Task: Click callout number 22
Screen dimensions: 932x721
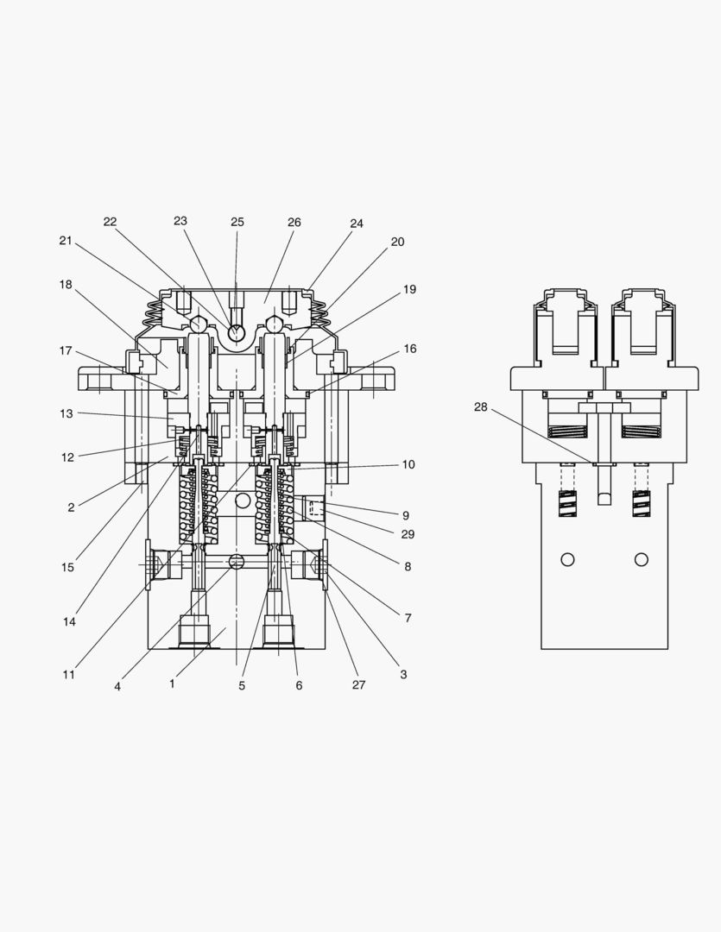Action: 110,222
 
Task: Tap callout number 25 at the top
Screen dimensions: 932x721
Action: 237,222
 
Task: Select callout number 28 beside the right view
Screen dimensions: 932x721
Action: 481,407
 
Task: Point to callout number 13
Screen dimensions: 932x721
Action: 66,413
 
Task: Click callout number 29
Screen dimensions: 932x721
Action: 408,534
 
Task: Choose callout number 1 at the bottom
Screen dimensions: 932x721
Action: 172,683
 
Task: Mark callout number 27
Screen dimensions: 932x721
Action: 358,685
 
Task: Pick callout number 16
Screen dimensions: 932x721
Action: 410,349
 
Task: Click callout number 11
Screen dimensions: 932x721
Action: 67,675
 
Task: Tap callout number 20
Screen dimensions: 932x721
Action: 397,242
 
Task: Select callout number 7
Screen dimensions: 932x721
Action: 408,618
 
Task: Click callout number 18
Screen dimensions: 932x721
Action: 66,284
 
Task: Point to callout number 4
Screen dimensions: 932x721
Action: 117,687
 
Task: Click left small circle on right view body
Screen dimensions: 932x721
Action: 567,559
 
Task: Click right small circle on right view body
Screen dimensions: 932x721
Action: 642,559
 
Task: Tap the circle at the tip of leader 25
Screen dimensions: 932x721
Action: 237,333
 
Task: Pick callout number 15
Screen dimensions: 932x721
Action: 66,568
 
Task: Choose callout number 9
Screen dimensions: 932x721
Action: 405,515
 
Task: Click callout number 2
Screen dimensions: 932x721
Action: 71,507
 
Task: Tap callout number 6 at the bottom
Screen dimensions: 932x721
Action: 299,686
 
